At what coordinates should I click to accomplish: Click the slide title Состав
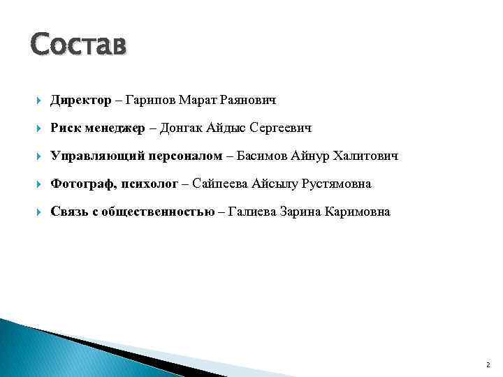pyautogui.click(x=79, y=45)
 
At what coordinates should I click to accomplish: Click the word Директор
pyautogui.click(x=80, y=101)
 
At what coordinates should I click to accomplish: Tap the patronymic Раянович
pyautogui.click(x=248, y=101)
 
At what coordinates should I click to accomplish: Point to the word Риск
pyautogui.click(x=65, y=128)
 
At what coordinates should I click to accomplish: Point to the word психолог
pyautogui.click(x=149, y=184)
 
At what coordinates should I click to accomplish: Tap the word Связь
pyautogui.click(x=68, y=212)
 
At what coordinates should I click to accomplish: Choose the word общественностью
pyautogui.click(x=154, y=212)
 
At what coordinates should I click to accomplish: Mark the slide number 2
pyautogui.click(x=488, y=364)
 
